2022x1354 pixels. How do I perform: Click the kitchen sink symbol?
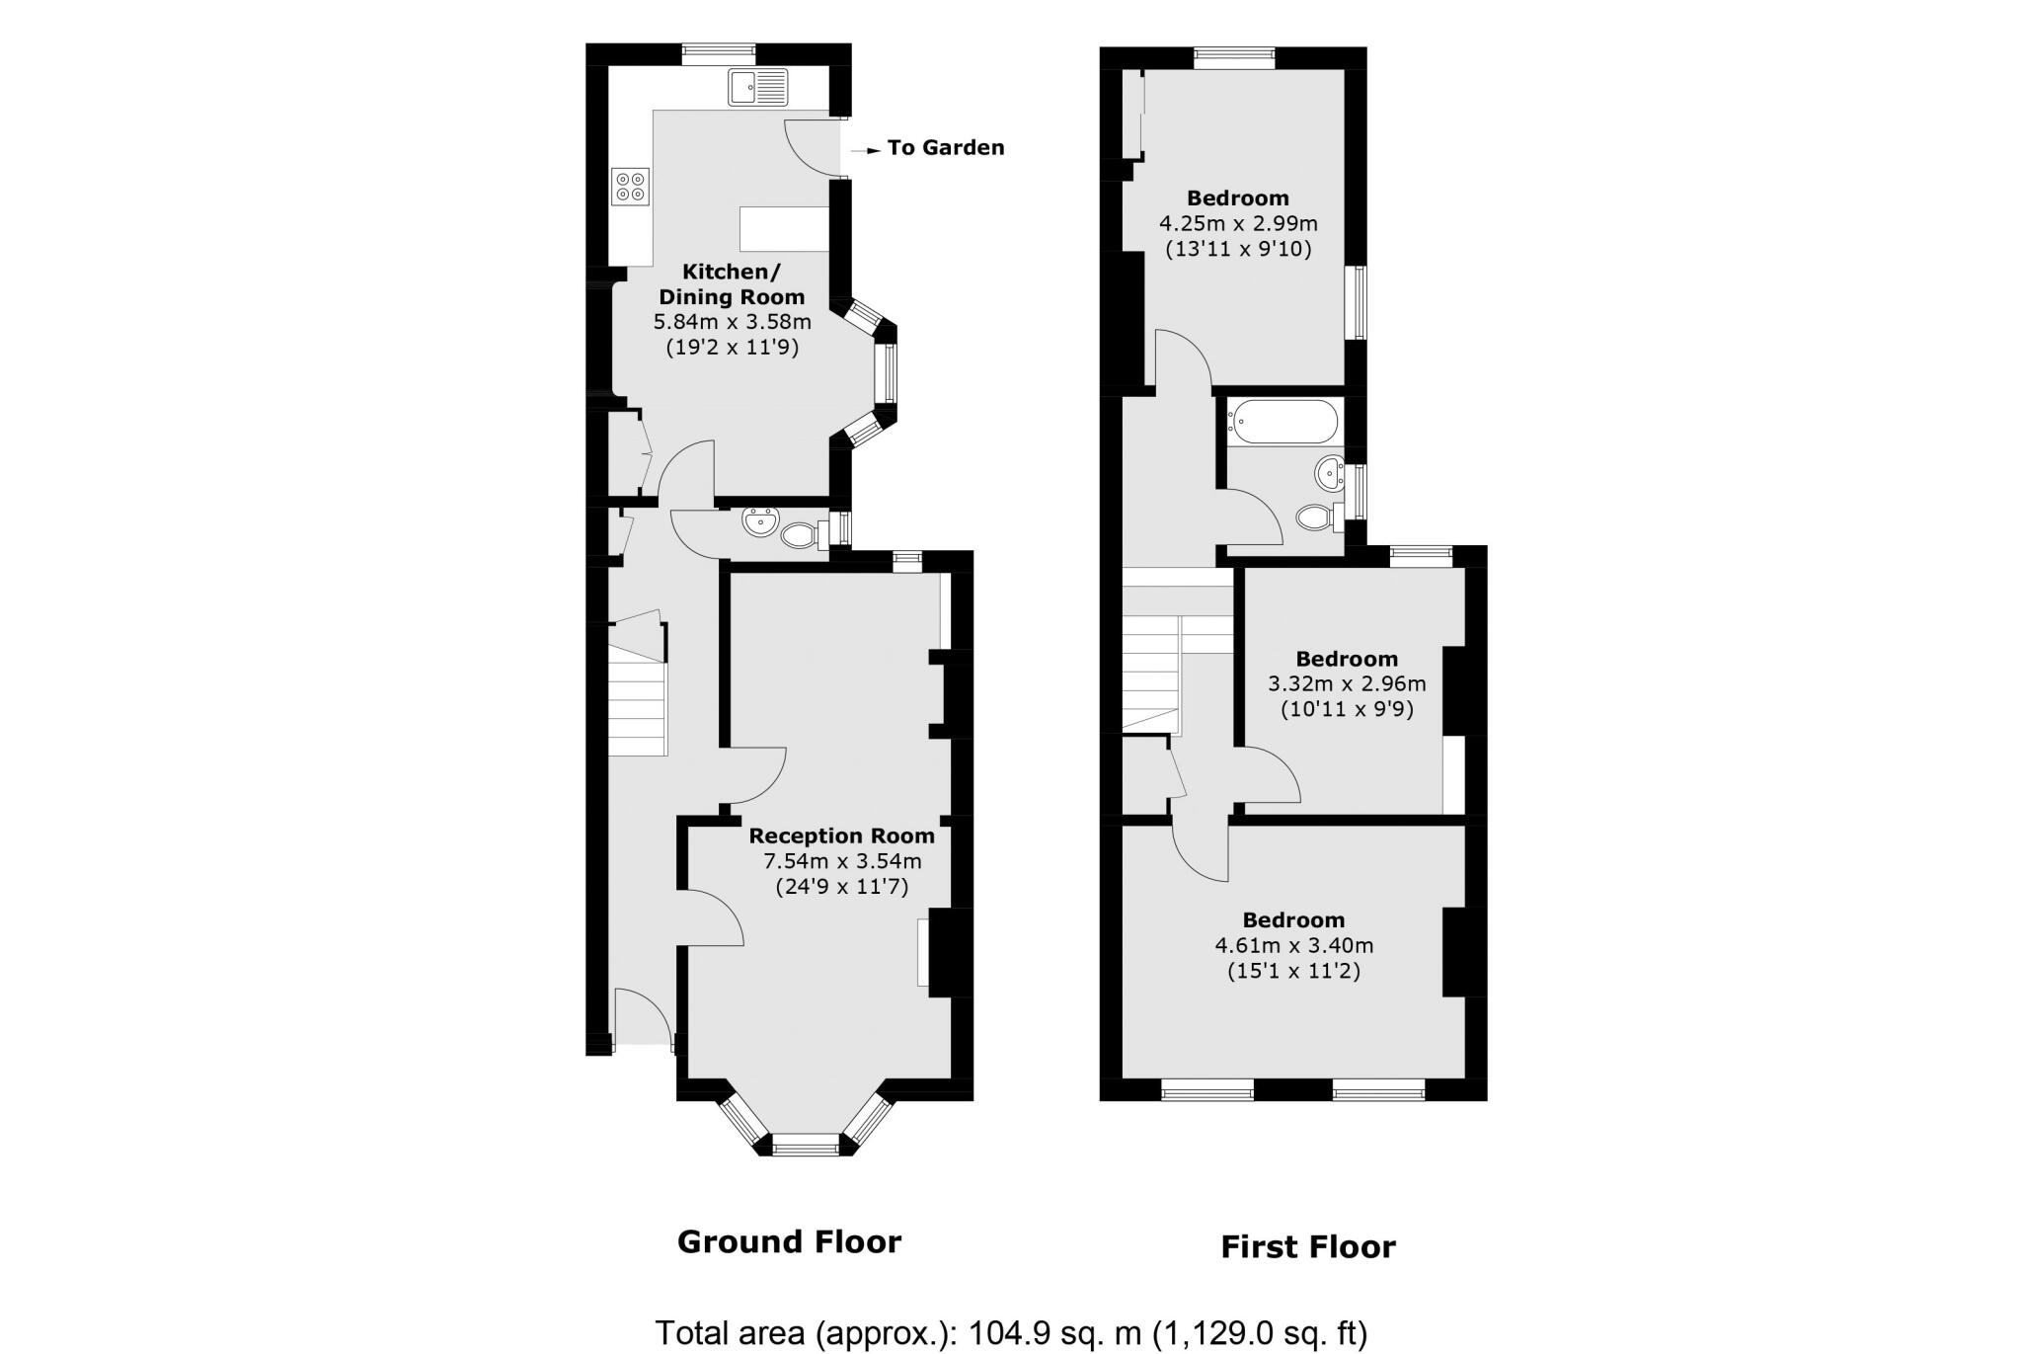tap(758, 86)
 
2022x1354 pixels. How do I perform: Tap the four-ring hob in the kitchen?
tap(631, 187)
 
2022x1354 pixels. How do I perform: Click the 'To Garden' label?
tap(945, 148)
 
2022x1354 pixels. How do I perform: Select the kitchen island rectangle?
tap(784, 229)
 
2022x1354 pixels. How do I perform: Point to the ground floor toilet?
tap(801, 536)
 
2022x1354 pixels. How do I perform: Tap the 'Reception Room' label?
tap(841, 836)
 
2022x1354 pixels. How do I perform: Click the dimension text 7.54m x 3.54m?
tap(841, 861)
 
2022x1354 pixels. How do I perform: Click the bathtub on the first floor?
tap(1283, 422)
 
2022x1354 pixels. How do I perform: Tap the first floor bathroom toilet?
tap(1316, 517)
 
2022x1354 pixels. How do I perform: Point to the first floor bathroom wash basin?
tap(1330, 475)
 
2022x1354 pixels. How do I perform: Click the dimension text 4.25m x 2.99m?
tap(1238, 223)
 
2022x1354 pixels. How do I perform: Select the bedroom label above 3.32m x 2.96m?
tap(1347, 659)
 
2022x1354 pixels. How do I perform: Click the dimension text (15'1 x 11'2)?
tap(1293, 971)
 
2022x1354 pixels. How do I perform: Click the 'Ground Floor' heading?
tap(789, 1241)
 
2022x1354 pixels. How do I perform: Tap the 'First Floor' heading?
tap(1308, 1246)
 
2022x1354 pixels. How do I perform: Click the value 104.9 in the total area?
tap(1002, 1332)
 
